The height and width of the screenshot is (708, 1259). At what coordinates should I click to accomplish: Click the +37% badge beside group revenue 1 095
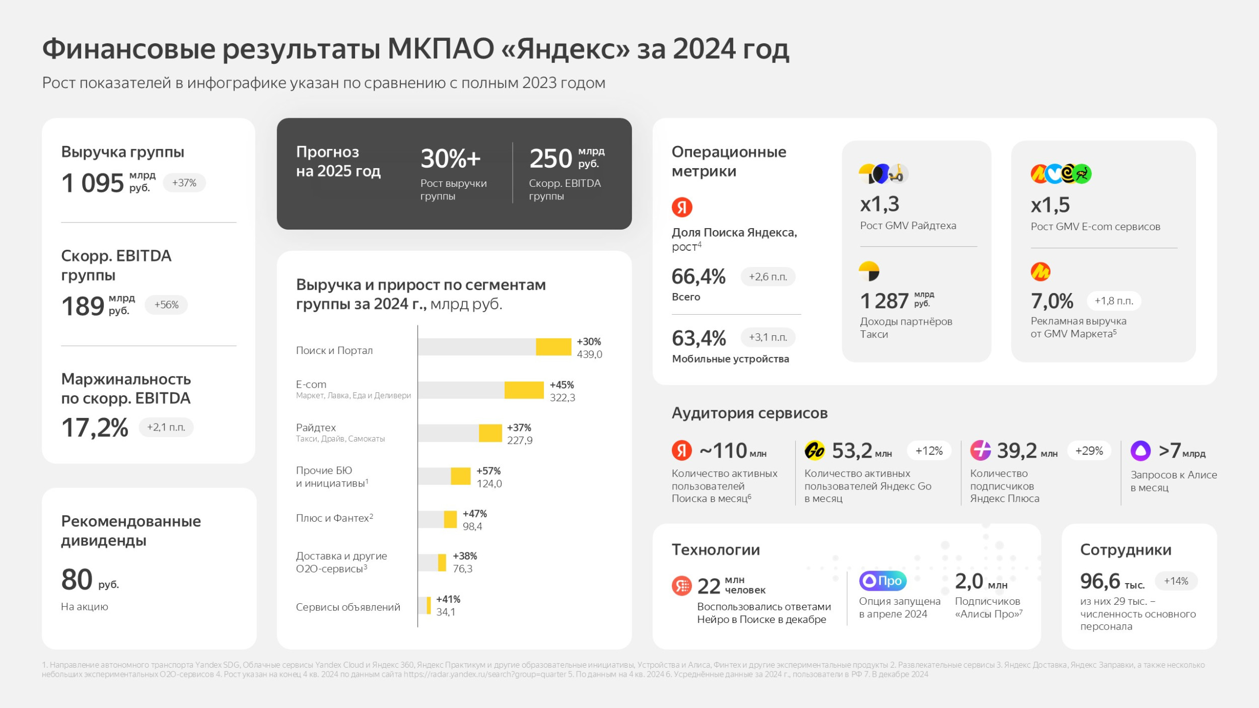(x=184, y=183)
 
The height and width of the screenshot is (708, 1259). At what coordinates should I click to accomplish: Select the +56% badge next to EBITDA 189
(x=166, y=305)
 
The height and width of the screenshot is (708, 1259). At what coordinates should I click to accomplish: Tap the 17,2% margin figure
(x=95, y=428)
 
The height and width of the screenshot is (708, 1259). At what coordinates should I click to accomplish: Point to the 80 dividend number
(x=77, y=579)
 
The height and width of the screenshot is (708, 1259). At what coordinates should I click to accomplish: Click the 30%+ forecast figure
(x=450, y=159)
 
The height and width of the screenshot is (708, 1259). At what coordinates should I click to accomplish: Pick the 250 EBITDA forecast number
(x=550, y=159)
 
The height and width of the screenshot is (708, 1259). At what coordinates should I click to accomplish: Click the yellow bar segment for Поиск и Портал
(x=553, y=347)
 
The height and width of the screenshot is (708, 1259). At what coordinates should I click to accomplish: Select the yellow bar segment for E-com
(x=524, y=390)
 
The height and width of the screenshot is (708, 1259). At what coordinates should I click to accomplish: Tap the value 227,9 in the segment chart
(x=520, y=441)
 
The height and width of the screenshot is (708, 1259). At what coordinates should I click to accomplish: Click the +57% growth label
(x=488, y=471)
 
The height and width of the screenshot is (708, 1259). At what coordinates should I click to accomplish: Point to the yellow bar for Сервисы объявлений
(x=429, y=605)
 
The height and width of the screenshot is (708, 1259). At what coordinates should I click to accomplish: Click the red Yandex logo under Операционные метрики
(x=682, y=207)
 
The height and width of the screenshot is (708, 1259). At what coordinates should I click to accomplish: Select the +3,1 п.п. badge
(x=767, y=337)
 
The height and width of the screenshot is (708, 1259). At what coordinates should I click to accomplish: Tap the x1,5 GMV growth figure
(x=1050, y=205)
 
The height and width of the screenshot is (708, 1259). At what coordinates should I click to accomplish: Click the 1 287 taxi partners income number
(x=884, y=301)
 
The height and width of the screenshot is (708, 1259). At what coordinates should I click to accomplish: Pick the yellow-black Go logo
(x=814, y=451)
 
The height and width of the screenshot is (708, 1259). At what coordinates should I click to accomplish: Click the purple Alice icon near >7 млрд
(x=1141, y=451)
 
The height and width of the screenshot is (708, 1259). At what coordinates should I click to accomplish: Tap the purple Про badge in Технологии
(x=883, y=581)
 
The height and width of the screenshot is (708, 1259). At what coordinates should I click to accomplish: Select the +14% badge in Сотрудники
(x=1176, y=581)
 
